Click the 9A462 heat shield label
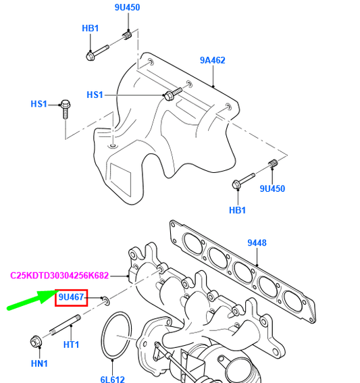(x=212, y=61)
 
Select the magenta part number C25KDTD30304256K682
(x=59, y=276)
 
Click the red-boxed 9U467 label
(x=71, y=297)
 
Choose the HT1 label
(x=72, y=344)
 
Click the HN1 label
(x=39, y=364)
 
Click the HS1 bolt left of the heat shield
(x=66, y=108)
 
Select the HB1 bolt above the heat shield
(x=97, y=52)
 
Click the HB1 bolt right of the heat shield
(x=242, y=180)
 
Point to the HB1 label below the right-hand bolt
(x=238, y=210)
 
